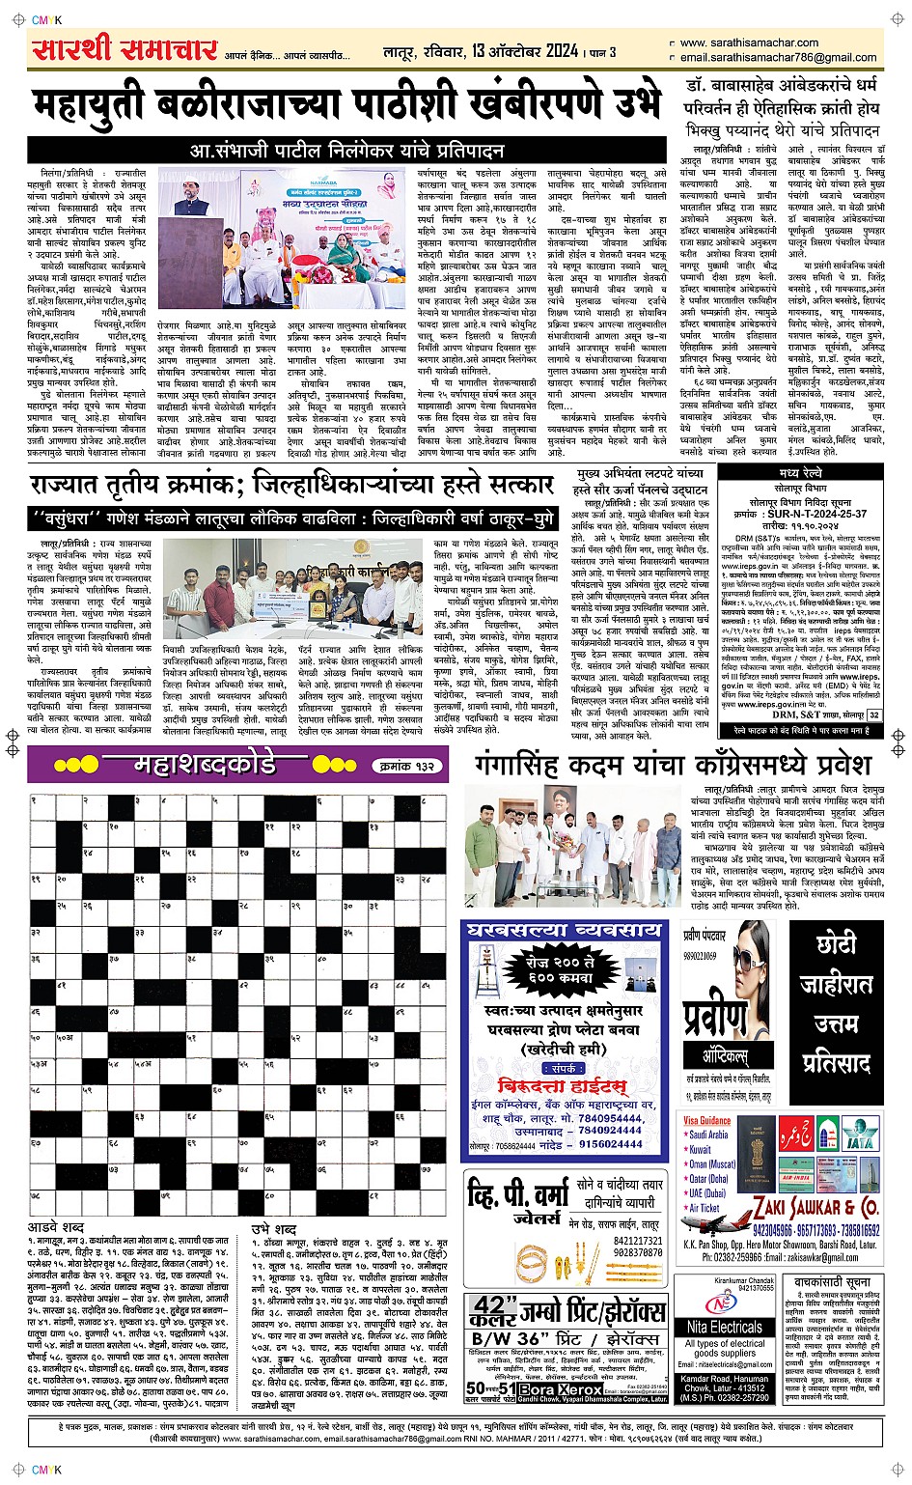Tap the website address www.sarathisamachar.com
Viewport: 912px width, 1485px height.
[749, 43]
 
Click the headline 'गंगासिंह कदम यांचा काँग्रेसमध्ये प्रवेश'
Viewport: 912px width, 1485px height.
[673, 768]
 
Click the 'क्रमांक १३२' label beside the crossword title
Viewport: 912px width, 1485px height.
[405, 767]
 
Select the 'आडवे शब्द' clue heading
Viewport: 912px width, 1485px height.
[56, 1227]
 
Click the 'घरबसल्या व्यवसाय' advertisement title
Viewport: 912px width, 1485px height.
[564, 932]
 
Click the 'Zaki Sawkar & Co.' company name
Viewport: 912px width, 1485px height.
[815, 1208]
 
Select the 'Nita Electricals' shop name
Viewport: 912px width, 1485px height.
[725, 1328]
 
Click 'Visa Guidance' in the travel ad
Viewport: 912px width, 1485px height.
[707, 1121]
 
